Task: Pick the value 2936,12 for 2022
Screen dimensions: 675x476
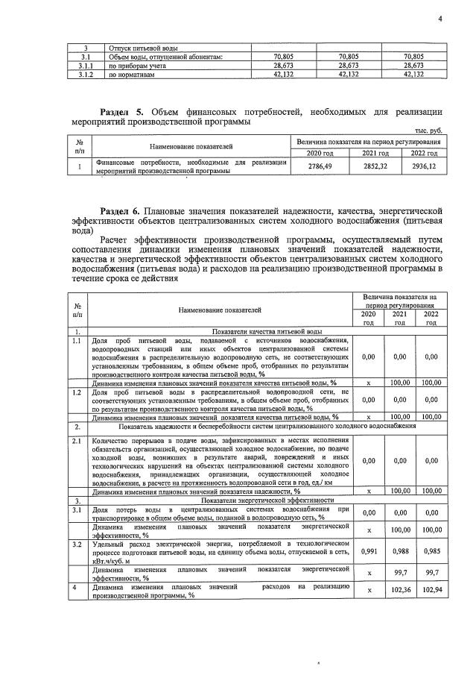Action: click(422, 167)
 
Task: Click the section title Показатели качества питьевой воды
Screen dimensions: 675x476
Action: click(267, 330)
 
